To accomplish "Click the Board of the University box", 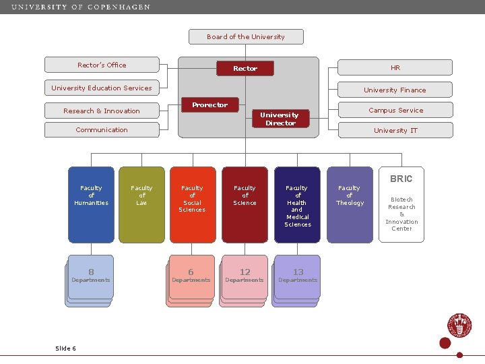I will click(x=246, y=36).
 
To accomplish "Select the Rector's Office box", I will click(x=102, y=65).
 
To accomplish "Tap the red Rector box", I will click(x=245, y=68).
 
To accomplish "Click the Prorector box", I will click(x=209, y=105).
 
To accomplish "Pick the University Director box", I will click(x=280, y=119).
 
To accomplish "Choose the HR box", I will click(x=395, y=67).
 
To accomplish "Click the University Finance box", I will click(x=395, y=90).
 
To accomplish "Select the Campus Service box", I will click(x=395, y=110).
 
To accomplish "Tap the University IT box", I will click(x=395, y=130).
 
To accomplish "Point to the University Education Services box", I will click(x=102, y=88).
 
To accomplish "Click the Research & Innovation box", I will click(x=102, y=111).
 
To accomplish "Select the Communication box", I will click(x=102, y=129).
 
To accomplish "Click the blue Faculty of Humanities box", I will click(x=91, y=204).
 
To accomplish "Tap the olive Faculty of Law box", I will click(x=141, y=204).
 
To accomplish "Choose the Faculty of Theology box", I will click(x=349, y=204).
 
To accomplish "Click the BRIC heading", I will click(x=401, y=179).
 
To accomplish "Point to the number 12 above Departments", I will click(x=245, y=272).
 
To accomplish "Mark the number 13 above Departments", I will click(x=298, y=272).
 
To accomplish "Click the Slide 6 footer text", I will click(x=65, y=348).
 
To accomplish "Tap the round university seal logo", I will click(x=460, y=326).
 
